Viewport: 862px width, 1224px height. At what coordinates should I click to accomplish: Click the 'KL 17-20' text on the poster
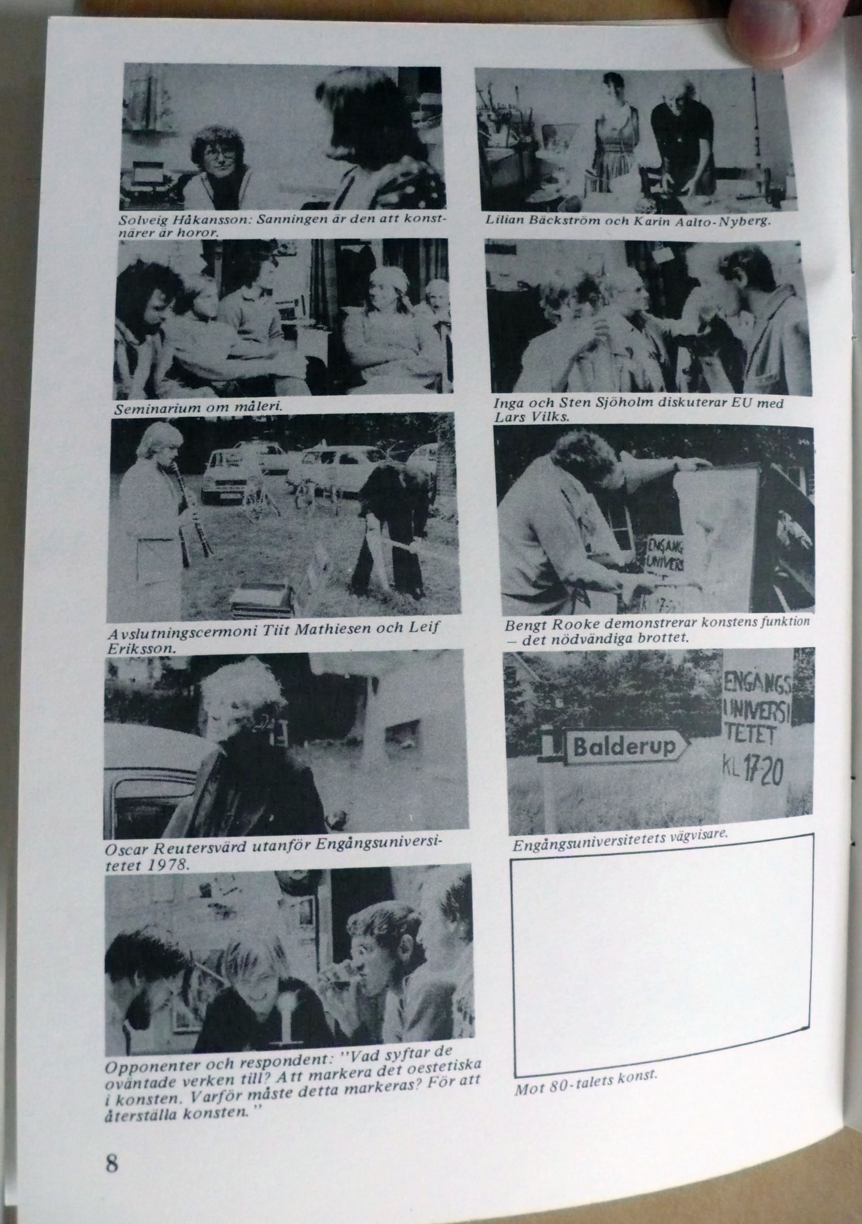pyautogui.click(x=753, y=770)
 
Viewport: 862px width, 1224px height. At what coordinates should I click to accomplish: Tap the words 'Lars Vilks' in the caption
pyautogui.click(x=532, y=417)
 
